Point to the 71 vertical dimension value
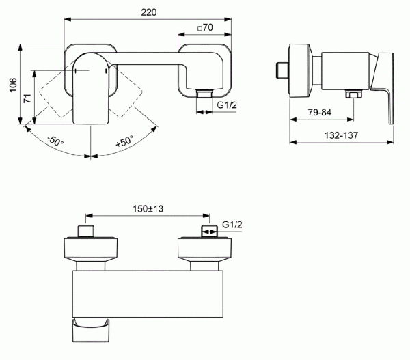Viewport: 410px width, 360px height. point(27,97)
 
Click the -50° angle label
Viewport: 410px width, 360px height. point(55,143)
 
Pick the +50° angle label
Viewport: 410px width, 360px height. point(124,143)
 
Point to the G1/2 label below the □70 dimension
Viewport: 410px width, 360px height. point(227,105)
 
